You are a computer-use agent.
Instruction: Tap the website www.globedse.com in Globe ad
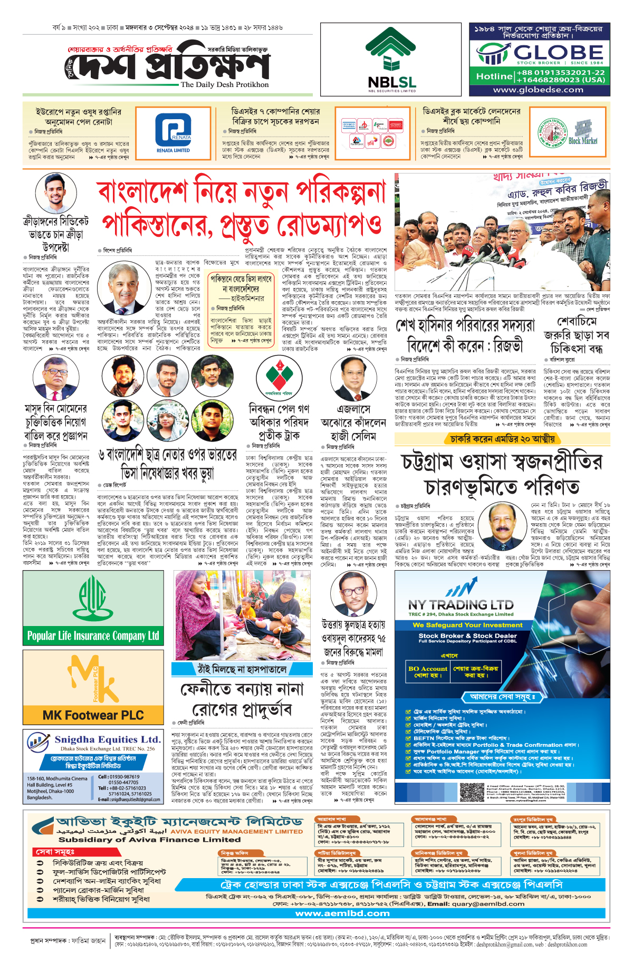[538, 90]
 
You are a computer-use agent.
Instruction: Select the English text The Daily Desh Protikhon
[224, 84]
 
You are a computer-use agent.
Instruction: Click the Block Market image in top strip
[582, 132]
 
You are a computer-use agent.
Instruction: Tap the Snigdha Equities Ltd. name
[108, 739]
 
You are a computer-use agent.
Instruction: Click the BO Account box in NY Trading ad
[427, 671]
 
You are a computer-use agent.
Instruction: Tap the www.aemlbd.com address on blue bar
[342, 913]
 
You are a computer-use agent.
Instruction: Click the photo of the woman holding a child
[243, 614]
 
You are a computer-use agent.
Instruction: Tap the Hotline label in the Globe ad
[494, 76]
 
